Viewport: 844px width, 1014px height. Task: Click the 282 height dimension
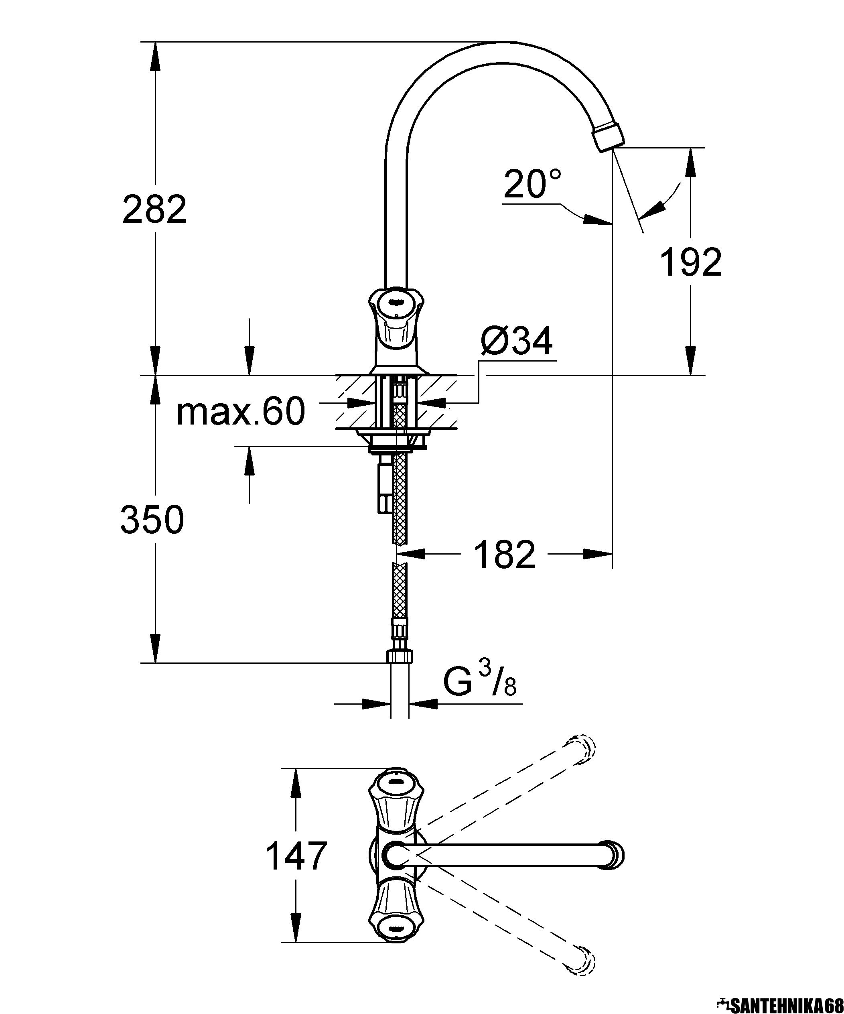(154, 209)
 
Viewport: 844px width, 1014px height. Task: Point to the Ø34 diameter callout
(516, 342)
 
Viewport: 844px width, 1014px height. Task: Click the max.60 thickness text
(240, 411)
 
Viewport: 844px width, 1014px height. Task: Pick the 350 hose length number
(152, 520)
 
